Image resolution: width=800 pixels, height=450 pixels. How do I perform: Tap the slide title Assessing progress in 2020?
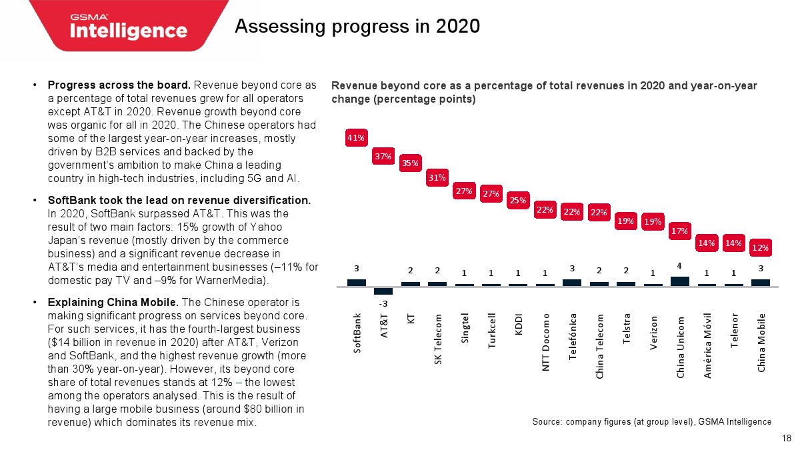pyautogui.click(x=357, y=27)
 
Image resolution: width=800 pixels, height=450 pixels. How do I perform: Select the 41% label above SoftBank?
pyautogui.click(x=356, y=138)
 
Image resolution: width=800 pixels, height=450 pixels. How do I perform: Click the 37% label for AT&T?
pyautogui.click(x=383, y=157)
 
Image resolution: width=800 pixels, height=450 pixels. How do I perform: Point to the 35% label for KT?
pyautogui.click(x=410, y=163)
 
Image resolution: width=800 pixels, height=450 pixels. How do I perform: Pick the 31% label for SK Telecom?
pyautogui.click(x=437, y=177)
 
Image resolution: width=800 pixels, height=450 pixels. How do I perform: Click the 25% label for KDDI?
pyautogui.click(x=518, y=199)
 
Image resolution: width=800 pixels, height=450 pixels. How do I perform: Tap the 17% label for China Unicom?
pyautogui.click(x=679, y=231)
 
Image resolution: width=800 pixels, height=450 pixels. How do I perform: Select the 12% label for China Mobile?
pyautogui.click(x=761, y=247)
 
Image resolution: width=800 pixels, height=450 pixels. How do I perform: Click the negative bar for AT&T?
pyautogui.click(x=383, y=290)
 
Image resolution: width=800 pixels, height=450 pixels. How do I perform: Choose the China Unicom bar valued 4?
pyautogui.click(x=679, y=281)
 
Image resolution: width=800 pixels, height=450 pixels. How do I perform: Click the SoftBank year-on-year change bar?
pyautogui.click(x=356, y=282)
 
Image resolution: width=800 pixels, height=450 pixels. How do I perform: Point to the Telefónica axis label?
pyautogui.click(x=572, y=337)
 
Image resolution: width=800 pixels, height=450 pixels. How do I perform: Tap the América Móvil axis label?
pyautogui.click(x=707, y=345)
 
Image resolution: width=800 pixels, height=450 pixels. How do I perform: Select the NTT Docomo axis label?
pyautogui.click(x=545, y=341)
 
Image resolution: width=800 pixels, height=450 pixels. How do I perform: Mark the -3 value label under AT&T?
pyautogui.click(x=383, y=303)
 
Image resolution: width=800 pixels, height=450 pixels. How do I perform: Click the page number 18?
pyautogui.click(x=786, y=438)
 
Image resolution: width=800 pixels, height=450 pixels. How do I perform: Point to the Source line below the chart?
pyautogui.click(x=651, y=421)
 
